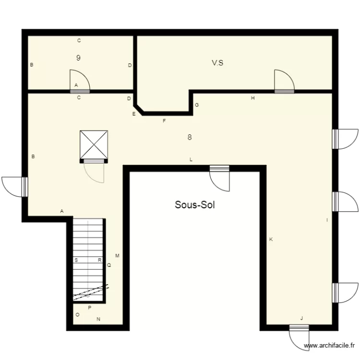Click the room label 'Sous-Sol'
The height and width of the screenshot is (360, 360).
(x=194, y=205)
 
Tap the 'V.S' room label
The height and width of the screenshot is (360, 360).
(x=217, y=62)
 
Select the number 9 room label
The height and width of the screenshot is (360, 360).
(x=78, y=58)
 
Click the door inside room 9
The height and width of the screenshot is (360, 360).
(x=80, y=81)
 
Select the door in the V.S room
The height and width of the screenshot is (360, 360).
(x=284, y=81)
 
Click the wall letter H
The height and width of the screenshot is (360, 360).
(x=252, y=98)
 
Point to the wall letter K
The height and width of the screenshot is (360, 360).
(x=271, y=239)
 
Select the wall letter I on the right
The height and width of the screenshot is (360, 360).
(x=327, y=220)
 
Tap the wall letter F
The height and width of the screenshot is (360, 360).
(x=164, y=121)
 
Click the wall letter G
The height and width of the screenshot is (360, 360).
(x=196, y=105)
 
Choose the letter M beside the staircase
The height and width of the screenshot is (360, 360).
(x=117, y=256)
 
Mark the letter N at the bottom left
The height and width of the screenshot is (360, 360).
(x=99, y=319)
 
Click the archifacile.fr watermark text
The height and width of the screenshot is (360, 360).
(x=331, y=346)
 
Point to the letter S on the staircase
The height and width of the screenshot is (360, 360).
(x=76, y=260)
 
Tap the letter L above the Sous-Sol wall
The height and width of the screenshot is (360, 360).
(x=191, y=159)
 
